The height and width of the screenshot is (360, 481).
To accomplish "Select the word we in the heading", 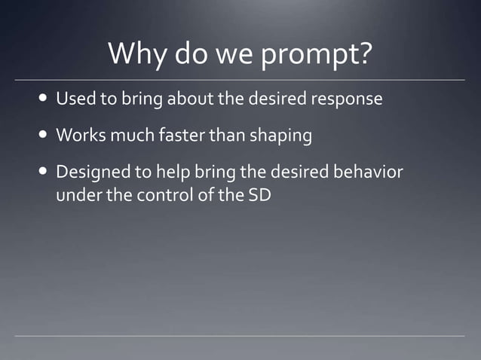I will pos(236,54).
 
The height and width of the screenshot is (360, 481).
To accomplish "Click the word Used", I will pos(74,99).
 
